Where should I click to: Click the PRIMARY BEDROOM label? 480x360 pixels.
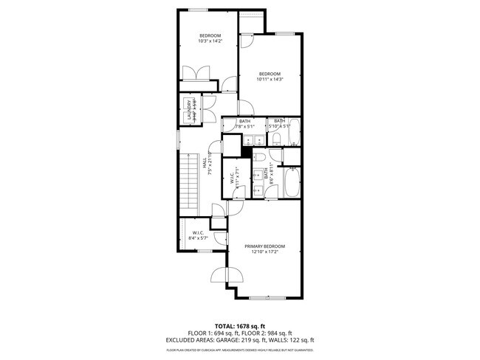[264, 246]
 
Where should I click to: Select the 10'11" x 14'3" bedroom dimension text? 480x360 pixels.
[270, 79]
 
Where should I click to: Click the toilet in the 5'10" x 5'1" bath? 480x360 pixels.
[275, 138]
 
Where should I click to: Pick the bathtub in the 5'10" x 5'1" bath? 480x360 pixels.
[294, 133]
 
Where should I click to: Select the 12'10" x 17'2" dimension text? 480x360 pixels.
[264, 252]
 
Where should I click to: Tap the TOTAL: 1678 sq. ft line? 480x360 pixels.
[240, 325]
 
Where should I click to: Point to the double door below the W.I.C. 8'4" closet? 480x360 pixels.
[225, 276]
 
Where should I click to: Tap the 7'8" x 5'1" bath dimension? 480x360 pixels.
[244, 126]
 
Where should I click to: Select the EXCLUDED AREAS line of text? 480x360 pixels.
[240, 340]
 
